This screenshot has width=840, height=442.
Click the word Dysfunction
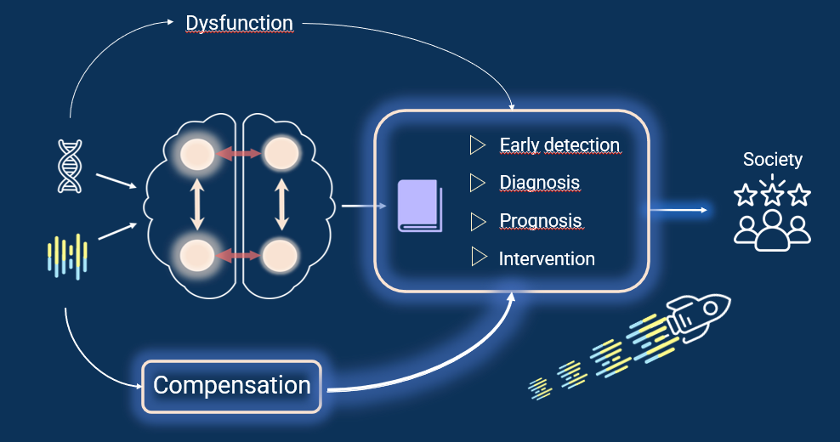click(240, 23)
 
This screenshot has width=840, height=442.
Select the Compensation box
click(231, 386)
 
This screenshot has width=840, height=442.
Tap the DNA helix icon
click(71, 166)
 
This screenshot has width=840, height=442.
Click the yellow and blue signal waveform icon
click(67, 257)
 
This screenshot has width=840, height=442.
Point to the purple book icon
click(420, 206)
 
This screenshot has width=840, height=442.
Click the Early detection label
click(559, 145)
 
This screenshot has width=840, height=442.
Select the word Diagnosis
click(540, 183)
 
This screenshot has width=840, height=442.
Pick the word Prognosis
click(541, 221)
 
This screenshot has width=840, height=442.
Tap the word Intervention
click(547, 259)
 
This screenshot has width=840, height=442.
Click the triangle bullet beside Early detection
click(477, 145)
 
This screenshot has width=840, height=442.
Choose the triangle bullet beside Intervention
click(479, 258)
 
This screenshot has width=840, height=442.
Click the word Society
click(773, 159)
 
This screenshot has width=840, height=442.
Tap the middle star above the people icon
click(772, 194)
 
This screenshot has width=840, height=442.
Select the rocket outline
click(697, 318)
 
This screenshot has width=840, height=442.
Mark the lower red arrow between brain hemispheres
click(239, 256)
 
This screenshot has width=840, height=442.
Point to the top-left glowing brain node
click(197, 155)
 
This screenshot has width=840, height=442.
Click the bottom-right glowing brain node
click(281, 256)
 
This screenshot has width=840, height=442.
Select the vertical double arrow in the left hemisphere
click(198, 205)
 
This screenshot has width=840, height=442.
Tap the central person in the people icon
click(772, 230)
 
